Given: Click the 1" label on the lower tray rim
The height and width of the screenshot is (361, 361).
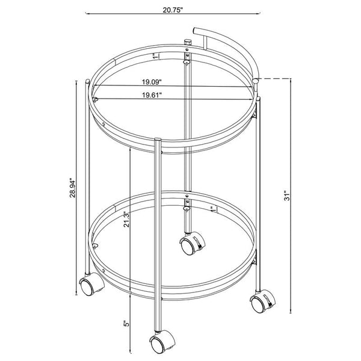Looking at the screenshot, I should (x=212, y=209).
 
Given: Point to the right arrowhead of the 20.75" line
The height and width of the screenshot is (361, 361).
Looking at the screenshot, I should (x=262, y=13).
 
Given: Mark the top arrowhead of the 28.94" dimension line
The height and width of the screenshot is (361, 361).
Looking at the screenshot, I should (x=76, y=82).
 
